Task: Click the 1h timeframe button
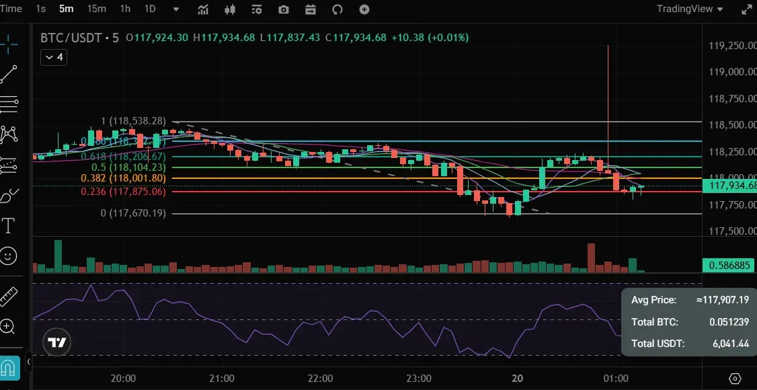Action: pos(125,9)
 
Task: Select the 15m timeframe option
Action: pos(97,9)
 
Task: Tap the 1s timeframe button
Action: pos(41,9)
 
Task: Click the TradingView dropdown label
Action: pos(689,9)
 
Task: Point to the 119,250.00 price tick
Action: pos(730,46)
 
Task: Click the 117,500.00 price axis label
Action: pos(730,231)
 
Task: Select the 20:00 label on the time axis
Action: pos(123,379)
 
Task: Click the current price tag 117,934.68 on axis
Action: pos(729,186)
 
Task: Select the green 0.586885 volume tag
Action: pos(729,266)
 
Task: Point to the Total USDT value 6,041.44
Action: pos(731,344)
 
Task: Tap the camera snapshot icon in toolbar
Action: pos(284,9)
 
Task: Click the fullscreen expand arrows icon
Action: pos(746,9)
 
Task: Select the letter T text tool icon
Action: pos(9,225)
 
